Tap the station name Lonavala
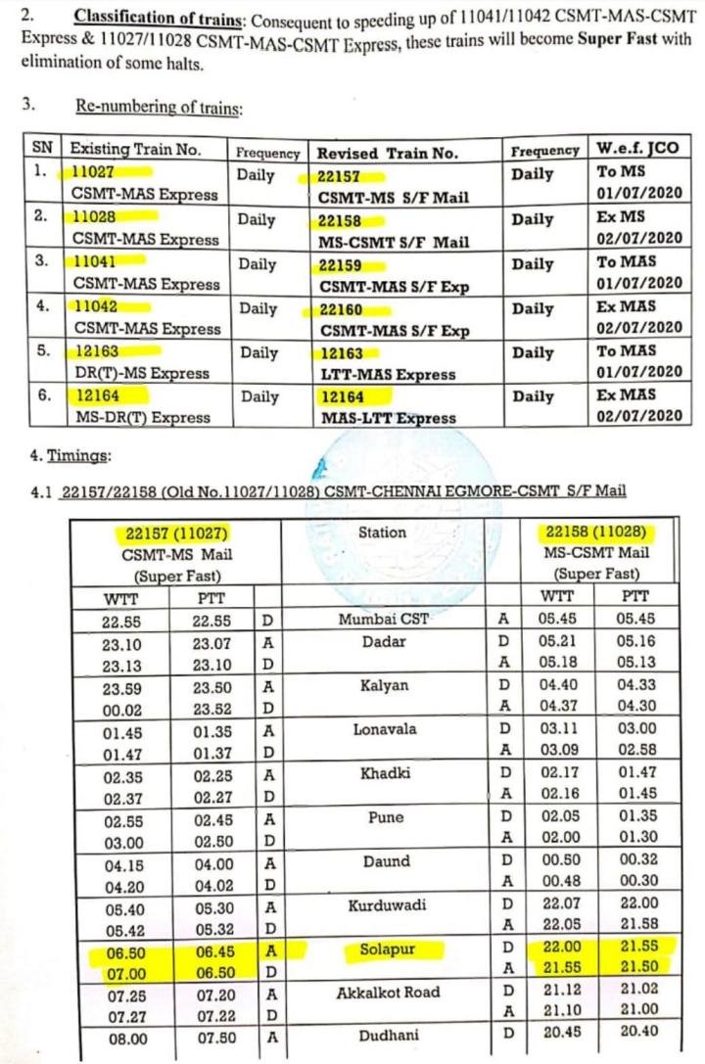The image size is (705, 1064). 385,729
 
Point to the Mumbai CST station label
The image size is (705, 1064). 384,619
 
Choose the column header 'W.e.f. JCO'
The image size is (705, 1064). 637,149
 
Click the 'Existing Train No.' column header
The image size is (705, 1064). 135,150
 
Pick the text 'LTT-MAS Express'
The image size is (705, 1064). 388,374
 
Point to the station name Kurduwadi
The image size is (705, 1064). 387,905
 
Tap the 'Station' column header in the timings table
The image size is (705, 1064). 382,532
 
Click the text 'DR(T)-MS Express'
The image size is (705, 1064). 142,373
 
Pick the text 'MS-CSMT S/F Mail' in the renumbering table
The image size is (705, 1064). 394,242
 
